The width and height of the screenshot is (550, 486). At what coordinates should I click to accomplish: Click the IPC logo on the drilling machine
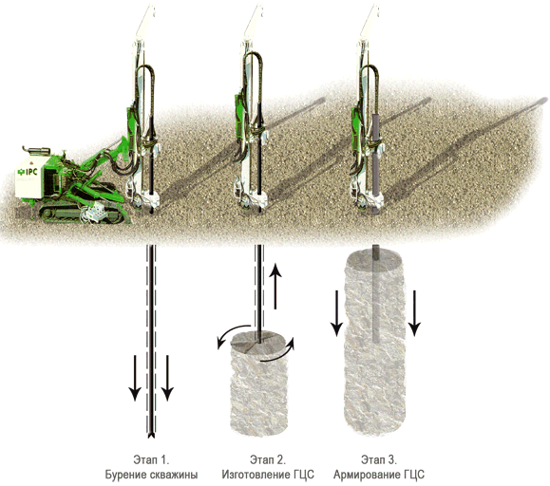pos(28,172)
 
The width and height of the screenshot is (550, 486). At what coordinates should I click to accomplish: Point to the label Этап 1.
pos(151,459)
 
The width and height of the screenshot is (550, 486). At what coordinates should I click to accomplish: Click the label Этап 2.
pos(268,459)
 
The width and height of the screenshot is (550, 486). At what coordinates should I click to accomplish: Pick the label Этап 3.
pos(379,459)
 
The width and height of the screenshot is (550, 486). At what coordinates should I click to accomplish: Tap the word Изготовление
pos(256,475)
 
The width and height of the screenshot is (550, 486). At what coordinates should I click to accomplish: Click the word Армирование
pos(367,475)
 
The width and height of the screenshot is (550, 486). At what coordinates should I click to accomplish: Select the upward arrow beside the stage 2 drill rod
pos(275,286)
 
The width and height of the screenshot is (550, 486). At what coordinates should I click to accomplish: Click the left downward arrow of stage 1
pos(135,378)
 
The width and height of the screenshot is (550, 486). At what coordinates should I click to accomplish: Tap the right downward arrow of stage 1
pos(167,378)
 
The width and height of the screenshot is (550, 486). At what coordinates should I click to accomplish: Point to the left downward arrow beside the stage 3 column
pos(336,313)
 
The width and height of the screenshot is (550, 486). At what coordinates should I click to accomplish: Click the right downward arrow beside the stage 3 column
pos(414,313)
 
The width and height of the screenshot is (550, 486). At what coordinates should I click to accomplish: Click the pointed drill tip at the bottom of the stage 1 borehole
pos(151,436)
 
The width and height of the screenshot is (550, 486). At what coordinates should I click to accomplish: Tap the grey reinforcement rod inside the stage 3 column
pos(375,293)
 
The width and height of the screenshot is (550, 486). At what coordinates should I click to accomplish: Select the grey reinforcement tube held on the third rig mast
pos(375,161)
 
